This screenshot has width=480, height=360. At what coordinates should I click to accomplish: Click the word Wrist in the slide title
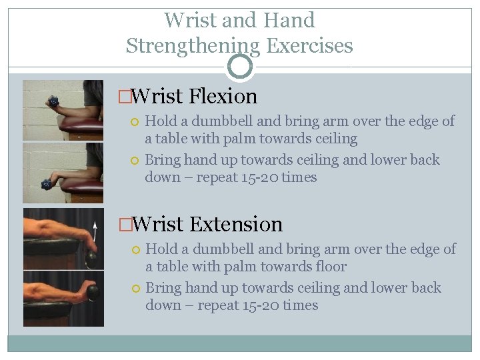191,20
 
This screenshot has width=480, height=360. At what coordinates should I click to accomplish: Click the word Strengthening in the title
193,46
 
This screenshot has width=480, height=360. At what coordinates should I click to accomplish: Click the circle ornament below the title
240,67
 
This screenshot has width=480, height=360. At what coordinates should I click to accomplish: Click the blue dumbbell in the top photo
54,102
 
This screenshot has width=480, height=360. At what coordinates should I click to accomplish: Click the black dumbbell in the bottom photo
92,292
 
